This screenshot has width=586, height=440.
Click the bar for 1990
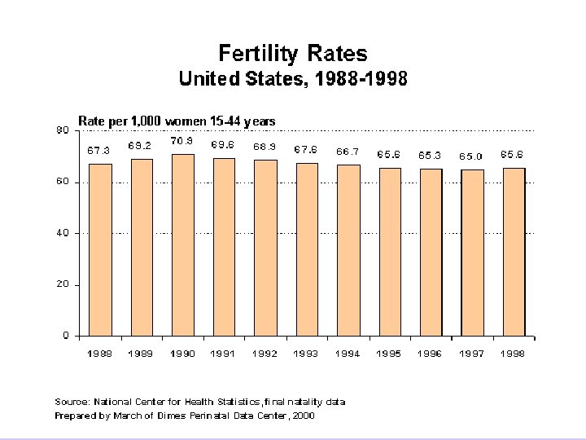[183, 244]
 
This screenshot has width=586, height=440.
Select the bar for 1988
[100, 249]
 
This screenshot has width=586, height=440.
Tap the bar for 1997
[472, 253]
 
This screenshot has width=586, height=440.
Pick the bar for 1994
[348, 250]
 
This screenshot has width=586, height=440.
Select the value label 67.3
[99, 150]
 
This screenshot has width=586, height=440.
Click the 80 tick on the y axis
[61, 130]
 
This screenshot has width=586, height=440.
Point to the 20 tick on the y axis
[61, 285]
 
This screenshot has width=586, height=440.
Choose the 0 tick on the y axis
[64, 336]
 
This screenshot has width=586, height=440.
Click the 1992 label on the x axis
[265, 354]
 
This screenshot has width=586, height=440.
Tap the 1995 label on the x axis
[389, 354]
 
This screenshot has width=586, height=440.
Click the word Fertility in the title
[256, 54]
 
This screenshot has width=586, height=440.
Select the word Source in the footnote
[71, 402]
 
